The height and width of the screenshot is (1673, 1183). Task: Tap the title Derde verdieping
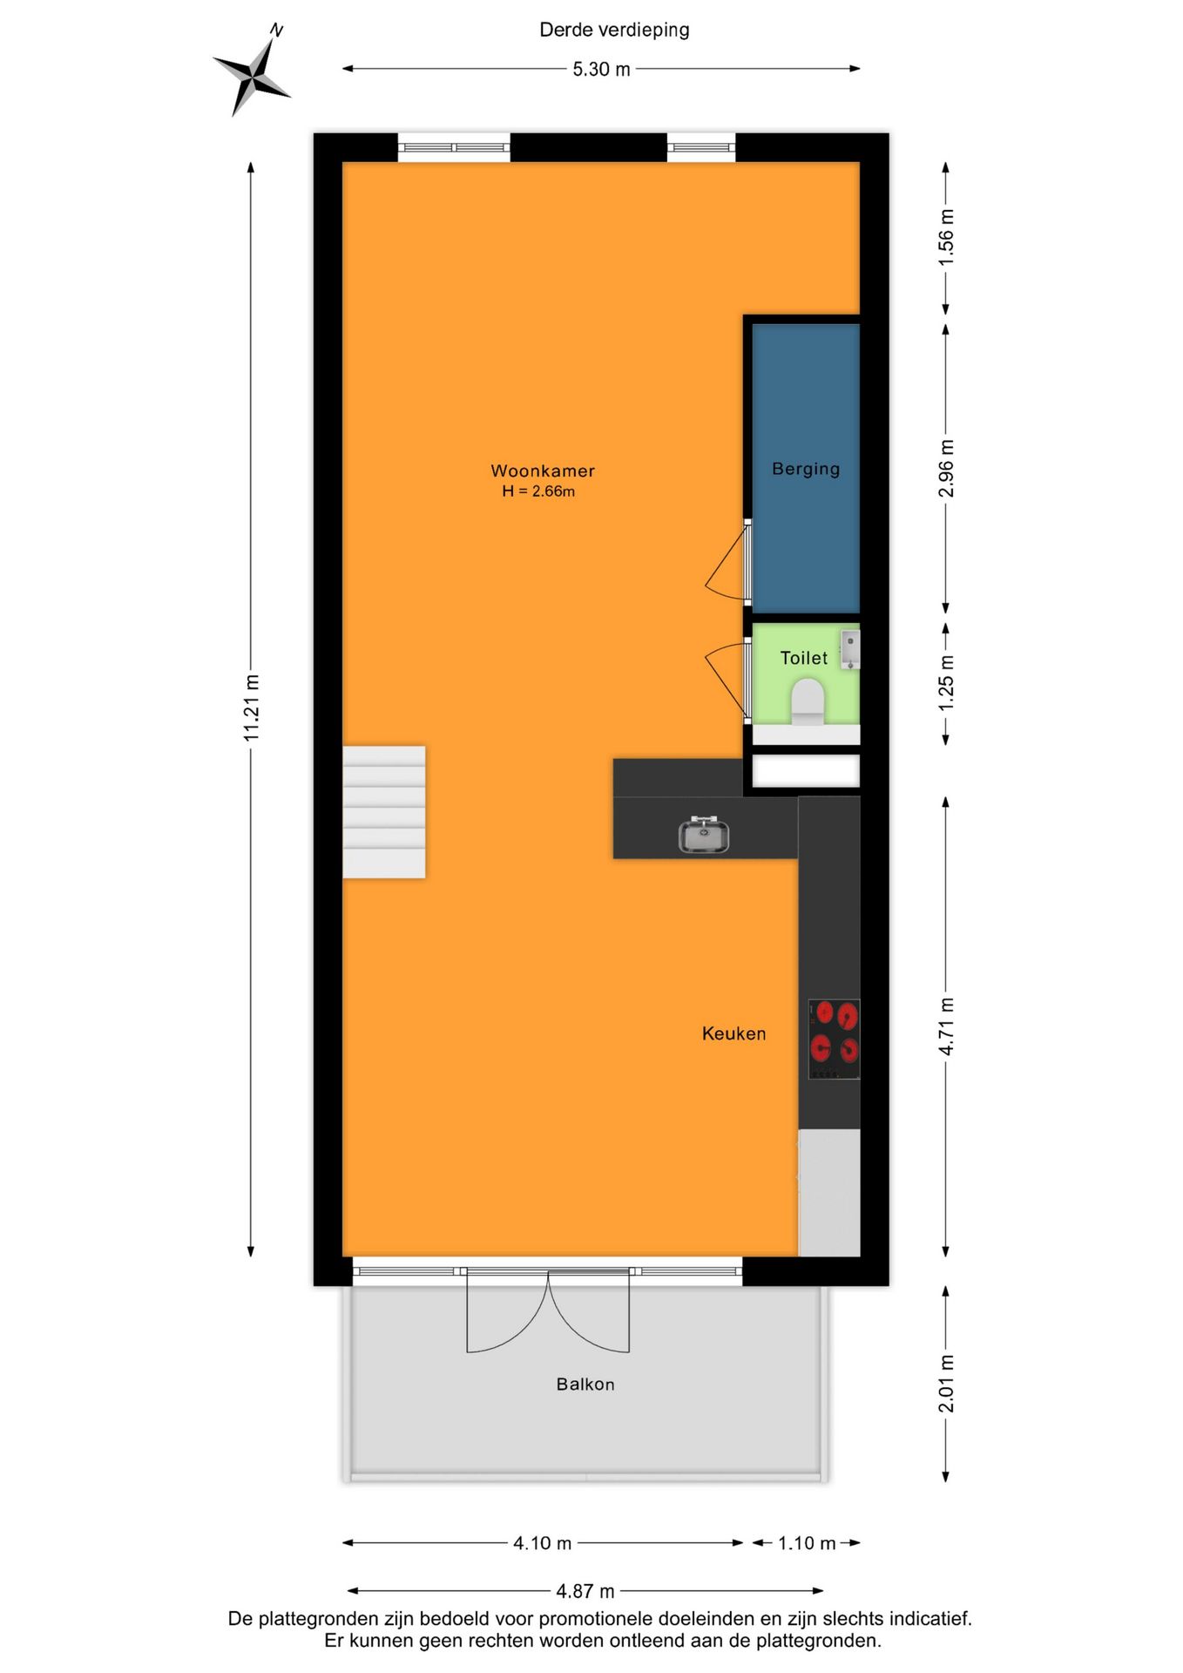click(x=614, y=30)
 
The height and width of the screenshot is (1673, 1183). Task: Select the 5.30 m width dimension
click(x=601, y=70)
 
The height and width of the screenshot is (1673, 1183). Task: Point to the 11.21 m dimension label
click(x=251, y=708)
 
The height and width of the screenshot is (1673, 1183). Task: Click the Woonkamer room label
click(x=543, y=471)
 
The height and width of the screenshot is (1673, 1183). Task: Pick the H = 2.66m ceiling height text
click(x=538, y=491)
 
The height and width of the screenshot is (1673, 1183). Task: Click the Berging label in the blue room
click(x=806, y=469)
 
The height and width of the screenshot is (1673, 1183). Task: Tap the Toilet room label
click(x=803, y=658)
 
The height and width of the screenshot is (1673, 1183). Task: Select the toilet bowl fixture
click(x=808, y=701)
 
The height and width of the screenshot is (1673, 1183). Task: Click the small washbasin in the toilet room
click(x=850, y=649)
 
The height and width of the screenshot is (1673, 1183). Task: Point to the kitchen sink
click(x=704, y=836)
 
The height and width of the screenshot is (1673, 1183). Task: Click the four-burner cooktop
click(x=834, y=1039)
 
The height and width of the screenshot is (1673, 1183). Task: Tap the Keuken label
click(x=733, y=1033)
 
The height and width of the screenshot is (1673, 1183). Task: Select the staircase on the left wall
click(x=384, y=811)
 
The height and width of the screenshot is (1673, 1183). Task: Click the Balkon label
click(x=585, y=1384)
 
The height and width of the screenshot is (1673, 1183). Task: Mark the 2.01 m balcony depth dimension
click(x=946, y=1384)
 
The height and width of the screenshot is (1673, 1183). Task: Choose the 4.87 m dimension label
click(x=585, y=1591)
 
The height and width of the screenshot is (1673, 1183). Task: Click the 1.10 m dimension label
click(x=807, y=1543)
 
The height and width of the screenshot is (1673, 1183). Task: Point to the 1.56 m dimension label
click(x=946, y=237)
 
